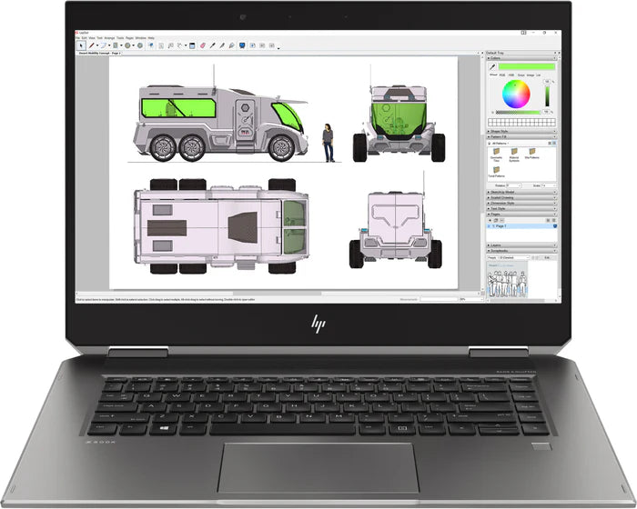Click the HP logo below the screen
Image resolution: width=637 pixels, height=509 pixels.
(318, 323)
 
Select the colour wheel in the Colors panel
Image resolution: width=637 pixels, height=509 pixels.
(521, 94)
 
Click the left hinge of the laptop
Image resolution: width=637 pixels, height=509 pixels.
(125, 351)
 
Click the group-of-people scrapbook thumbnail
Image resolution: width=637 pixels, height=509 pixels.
(510, 283)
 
